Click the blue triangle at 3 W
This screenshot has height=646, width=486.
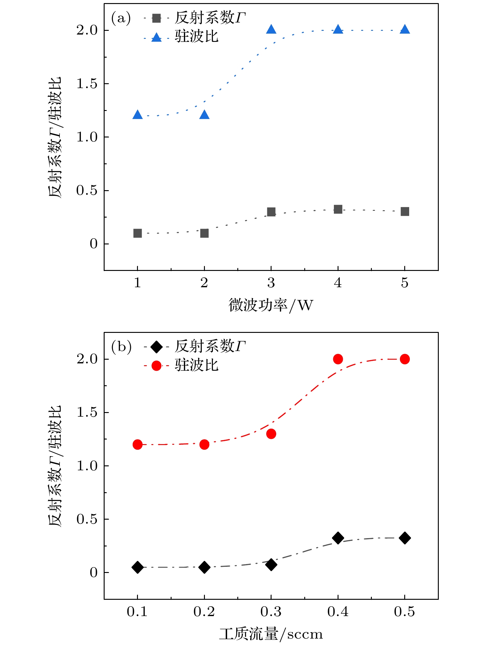[271, 30]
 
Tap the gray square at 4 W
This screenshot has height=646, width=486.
[338, 209]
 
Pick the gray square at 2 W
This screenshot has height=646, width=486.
[204, 233]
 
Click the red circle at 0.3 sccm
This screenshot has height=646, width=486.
[271, 434]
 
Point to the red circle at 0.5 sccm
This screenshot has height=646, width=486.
[405, 359]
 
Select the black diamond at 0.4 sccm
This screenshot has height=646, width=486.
[338, 538]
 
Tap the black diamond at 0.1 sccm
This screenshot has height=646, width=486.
[138, 567]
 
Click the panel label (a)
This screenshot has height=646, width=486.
[121, 18]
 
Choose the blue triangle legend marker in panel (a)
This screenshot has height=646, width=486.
[156, 38]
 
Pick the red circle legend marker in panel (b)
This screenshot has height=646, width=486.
[156, 366]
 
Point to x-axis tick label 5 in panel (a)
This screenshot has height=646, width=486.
[405, 283]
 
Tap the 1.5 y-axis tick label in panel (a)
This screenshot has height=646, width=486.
[87, 84]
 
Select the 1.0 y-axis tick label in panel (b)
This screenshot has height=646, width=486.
[87, 466]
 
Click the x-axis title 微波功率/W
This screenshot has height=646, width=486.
[271, 305]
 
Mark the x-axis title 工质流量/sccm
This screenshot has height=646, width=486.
[271, 634]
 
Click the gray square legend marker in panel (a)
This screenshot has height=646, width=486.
[156, 18]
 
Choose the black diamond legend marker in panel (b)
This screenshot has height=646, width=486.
[156, 347]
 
